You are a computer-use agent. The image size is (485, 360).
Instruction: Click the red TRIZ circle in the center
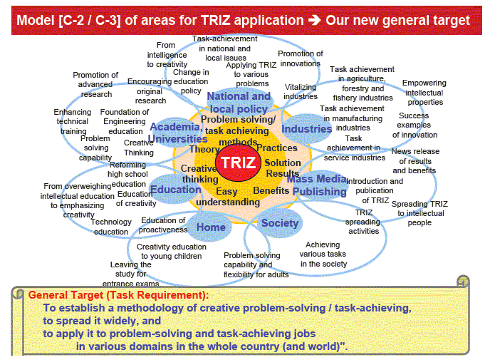tap(238, 163)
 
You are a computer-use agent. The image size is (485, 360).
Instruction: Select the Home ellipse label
tap(211, 227)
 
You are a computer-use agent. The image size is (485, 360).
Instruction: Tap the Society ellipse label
tap(280, 223)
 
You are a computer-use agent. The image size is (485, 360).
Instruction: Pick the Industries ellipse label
tap(306, 129)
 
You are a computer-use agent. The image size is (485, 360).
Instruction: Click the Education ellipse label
tap(176, 190)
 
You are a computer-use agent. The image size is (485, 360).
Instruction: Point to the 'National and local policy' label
tap(239, 103)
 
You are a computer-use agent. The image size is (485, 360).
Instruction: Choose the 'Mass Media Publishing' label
tap(318, 185)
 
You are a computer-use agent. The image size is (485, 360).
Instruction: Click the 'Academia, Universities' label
tap(177, 133)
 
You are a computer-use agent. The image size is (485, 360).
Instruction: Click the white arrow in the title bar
tap(315, 21)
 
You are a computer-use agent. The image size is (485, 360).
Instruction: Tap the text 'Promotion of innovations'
tap(301, 58)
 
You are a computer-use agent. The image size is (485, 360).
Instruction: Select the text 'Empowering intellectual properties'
tap(424, 93)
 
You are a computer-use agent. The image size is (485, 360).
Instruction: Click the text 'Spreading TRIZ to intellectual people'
tap(419, 213)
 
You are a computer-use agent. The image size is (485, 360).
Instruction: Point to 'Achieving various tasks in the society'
tap(323, 254)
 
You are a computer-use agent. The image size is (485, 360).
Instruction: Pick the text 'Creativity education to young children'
tap(172, 252)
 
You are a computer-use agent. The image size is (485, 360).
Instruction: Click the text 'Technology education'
tap(111, 227)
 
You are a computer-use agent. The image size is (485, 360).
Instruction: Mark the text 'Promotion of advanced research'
tap(95, 85)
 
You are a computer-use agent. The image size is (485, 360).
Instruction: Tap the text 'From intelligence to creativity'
tap(167, 55)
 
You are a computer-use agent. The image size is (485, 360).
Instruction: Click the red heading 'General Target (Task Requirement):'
tap(118, 295)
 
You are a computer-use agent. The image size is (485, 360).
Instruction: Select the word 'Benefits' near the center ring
tap(271, 190)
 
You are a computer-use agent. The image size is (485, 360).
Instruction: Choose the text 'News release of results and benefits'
tap(415, 161)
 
